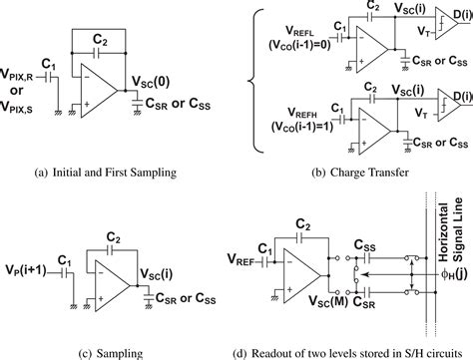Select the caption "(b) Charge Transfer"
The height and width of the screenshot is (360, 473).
click(354, 173)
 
